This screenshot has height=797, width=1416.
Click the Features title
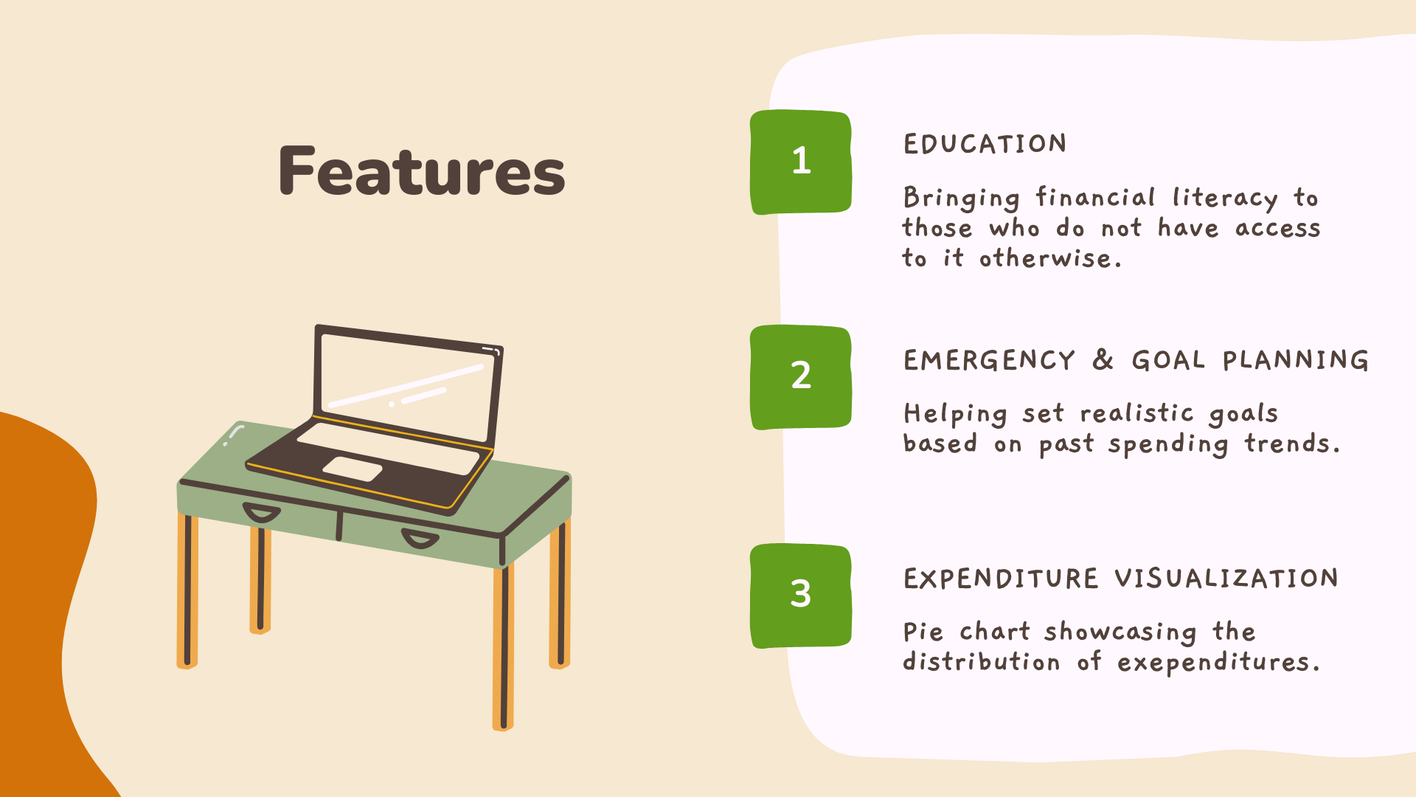422,170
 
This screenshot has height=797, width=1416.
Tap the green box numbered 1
801,162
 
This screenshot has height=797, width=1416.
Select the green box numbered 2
801,377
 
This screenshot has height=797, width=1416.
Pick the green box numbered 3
801,596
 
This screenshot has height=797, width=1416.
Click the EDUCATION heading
985,143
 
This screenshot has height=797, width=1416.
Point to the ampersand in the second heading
1103,359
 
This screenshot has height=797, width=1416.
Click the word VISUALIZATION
1226,578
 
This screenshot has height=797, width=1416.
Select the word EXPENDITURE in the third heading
1001,578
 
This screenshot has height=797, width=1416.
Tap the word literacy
1225,198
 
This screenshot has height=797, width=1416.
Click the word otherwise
1050,258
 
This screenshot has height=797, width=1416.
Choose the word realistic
1136,413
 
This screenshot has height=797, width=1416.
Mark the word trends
1292,444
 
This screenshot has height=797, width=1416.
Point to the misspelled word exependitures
1218,663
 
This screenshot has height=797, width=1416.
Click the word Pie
923,632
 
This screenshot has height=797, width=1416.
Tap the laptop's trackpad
353,469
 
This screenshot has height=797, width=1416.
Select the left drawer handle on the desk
262,512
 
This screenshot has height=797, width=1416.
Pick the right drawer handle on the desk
420,539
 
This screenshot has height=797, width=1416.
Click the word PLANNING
1296,359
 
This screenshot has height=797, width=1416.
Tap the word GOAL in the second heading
1168,359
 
